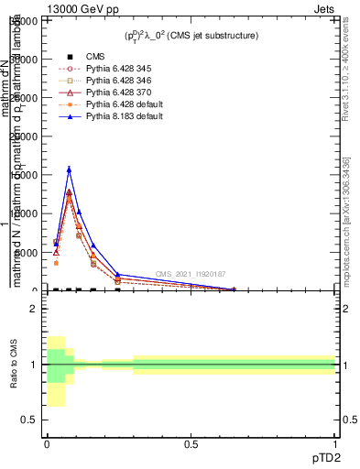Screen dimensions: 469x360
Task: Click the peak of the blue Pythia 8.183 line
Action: point(69,169)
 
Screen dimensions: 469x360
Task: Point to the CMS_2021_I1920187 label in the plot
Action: point(191,274)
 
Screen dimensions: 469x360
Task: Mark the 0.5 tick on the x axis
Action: point(191,444)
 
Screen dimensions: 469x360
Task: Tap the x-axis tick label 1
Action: point(335,444)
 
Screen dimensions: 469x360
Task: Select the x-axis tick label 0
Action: point(48,444)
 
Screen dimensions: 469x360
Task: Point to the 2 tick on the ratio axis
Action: point(34,309)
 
